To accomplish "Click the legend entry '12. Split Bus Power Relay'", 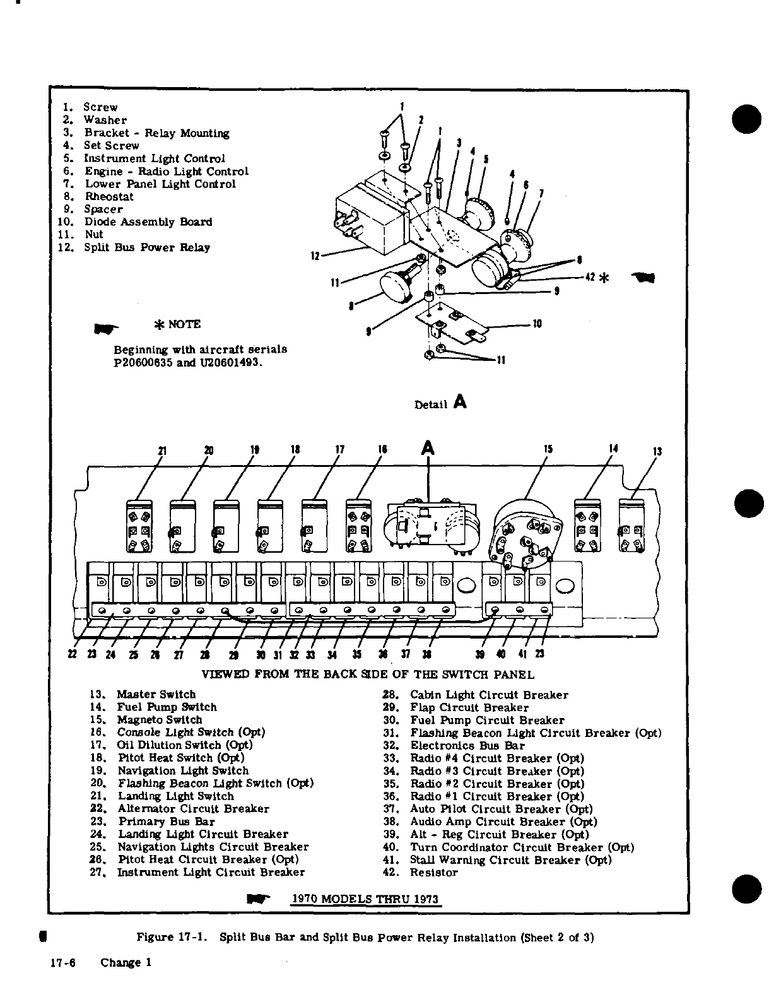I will coord(133,247).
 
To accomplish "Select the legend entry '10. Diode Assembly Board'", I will coord(134,221).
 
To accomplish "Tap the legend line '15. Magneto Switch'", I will coord(146,720).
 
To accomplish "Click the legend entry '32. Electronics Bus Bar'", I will coord(454,746).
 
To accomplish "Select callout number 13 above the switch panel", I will coord(657,452).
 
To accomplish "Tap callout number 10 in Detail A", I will coord(537,324).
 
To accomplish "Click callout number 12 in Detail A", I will coord(315,256).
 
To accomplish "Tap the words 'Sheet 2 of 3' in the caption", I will coord(561,938).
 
